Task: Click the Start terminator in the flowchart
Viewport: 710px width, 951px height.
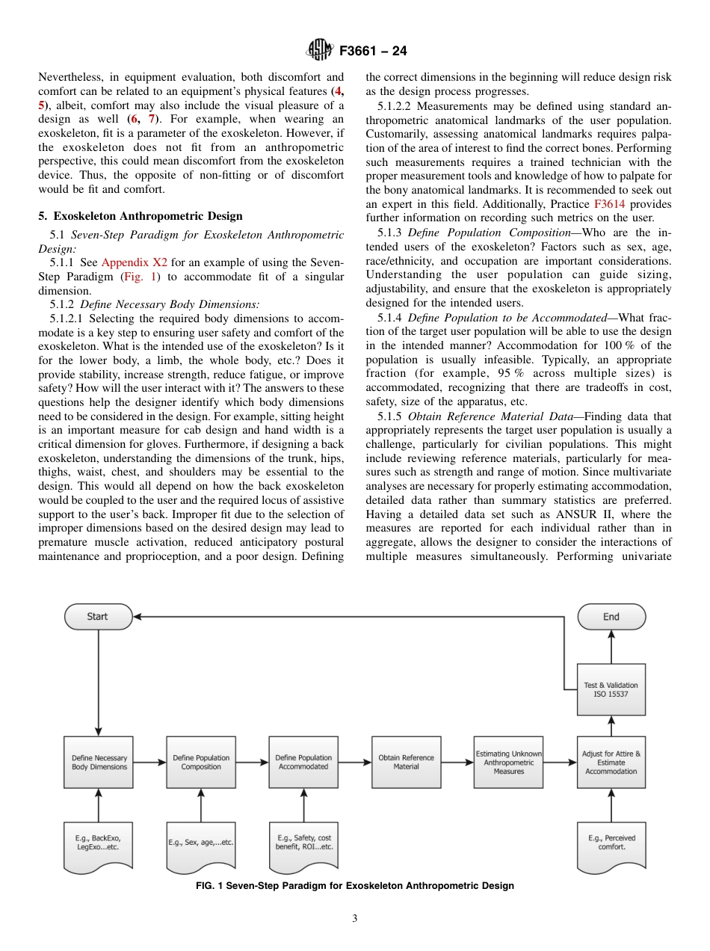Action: (x=98, y=617)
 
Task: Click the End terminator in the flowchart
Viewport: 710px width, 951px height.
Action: (x=611, y=617)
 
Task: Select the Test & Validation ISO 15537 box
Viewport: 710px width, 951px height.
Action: (x=611, y=689)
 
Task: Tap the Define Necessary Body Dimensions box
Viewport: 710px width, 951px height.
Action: (x=99, y=762)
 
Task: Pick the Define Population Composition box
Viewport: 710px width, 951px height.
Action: (x=201, y=762)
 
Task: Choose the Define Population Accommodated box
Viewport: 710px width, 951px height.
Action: (x=303, y=762)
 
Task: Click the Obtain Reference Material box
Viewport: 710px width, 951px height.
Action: (x=406, y=762)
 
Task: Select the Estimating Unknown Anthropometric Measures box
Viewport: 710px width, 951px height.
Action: (x=509, y=762)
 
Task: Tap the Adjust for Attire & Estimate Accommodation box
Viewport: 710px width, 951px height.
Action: (x=611, y=762)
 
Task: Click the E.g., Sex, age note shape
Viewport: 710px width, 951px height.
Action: (x=201, y=843)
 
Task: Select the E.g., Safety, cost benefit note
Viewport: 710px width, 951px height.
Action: (x=303, y=843)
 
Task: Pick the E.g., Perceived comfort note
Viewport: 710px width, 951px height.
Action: (x=611, y=843)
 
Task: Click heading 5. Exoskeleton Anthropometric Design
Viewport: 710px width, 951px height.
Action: (x=141, y=216)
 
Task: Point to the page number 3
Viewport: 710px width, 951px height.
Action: (x=355, y=919)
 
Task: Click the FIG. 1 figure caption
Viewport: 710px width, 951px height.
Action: (x=355, y=886)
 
